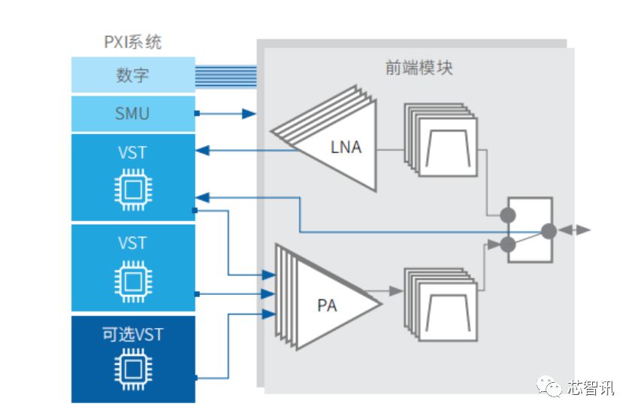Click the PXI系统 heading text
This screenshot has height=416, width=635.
pyautogui.click(x=132, y=42)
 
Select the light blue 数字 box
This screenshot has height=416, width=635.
pyautogui.click(x=133, y=75)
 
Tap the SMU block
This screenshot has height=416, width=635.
pyautogui.click(x=133, y=114)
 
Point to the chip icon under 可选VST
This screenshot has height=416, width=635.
pyautogui.click(x=132, y=369)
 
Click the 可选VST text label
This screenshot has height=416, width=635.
pyautogui.click(x=132, y=335)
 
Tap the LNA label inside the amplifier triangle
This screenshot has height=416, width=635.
pyautogui.click(x=346, y=147)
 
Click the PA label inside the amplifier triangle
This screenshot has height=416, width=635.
pyautogui.click(x=327, y=305)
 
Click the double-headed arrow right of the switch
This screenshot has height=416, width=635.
pyautogui.click(x=575, y=230)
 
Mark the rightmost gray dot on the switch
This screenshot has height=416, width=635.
pyautogui.click(x=549, y=231)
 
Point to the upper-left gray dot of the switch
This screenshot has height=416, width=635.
pyautogui.click(x=508, y=216)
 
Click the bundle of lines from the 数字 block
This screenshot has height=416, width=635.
pyautogui.click(x=225, y=75)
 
